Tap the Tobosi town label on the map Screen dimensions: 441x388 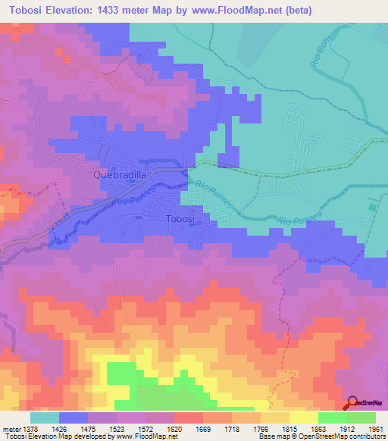pyautogui.click(x=180, y=218)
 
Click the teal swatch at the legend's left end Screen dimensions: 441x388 pyautogui.click(x=44, y=418)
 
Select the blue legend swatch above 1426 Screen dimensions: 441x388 pyautogui.click(x=73, y=418)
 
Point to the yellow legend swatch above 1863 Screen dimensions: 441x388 pyautogui.click(x=303, y=418)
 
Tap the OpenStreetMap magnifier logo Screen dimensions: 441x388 pyautogui.click(x=352, y=402)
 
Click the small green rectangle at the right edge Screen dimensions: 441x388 pyautogui.click(x=371, y=207)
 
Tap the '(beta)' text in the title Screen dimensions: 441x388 pyautogui.click(x=277, y=11)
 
